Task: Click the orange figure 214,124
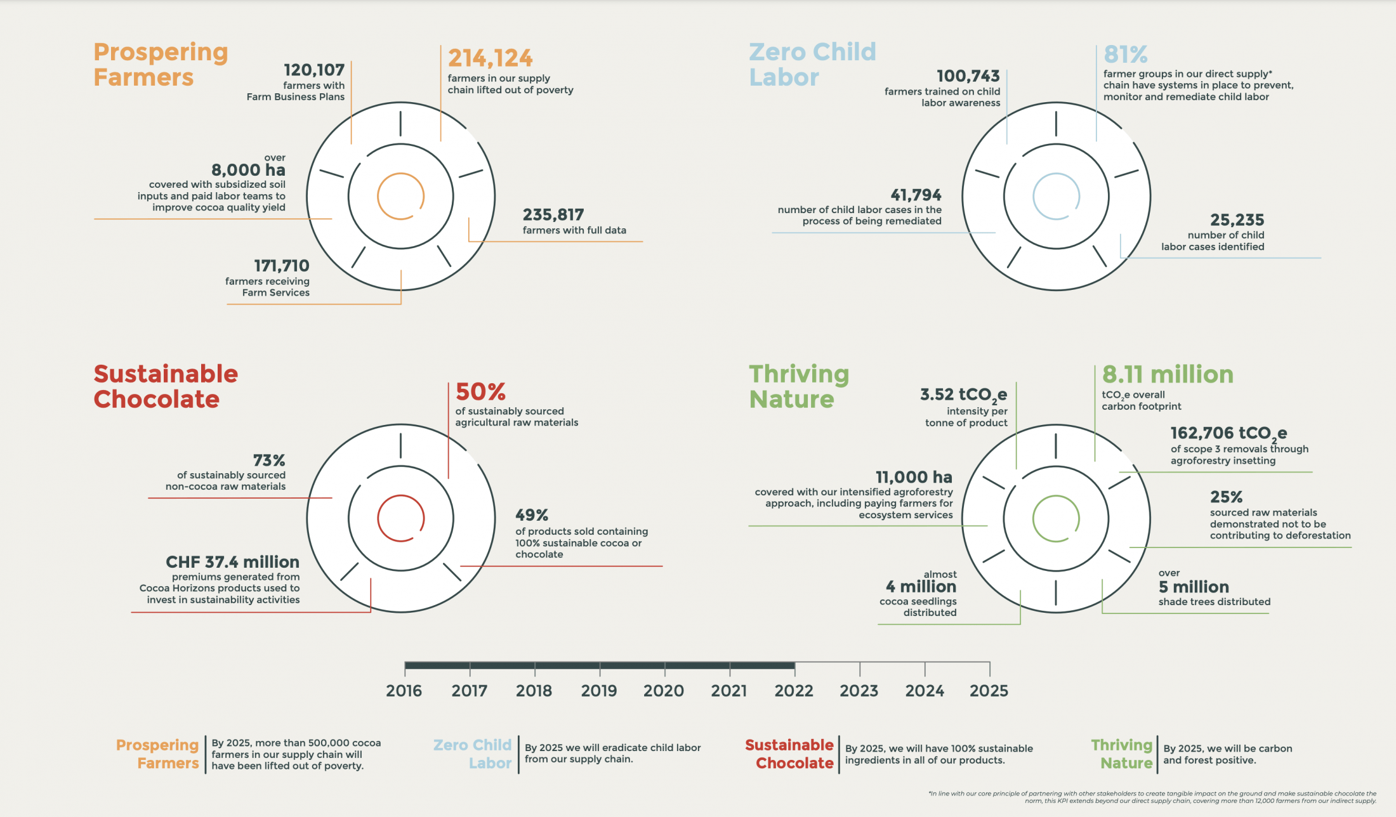click(490, 58)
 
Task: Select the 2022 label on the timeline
click(794, 691)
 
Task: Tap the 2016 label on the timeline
click(404, 691)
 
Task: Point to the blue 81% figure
click(1125, 54)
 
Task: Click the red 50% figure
click(480, 391)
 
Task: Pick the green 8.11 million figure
click(1168, 374)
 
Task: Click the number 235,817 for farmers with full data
click(553, 214)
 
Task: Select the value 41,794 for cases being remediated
click(916, 195)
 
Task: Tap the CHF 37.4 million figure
click(232, 562)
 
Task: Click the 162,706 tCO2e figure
click(1228, 433)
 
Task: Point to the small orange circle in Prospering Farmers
click(400, 196)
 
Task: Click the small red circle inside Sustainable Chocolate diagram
click(400, 518)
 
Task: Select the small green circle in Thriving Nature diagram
click(1056, 518)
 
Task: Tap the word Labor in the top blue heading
click(784, 77)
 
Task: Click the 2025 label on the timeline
click(989, 691)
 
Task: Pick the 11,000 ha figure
click(914, 477)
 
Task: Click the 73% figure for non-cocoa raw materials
click(269, 460)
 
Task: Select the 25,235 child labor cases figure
click(1237, 220)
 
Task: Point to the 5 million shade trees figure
click(1194, 587)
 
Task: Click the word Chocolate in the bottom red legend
click(794, 763)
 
